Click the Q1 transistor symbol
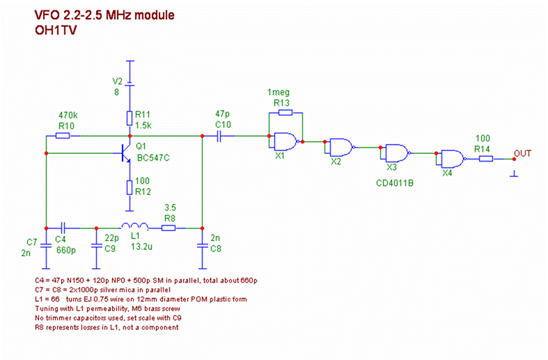coord(125,154)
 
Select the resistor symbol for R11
coord(130,116)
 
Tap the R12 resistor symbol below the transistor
coord(130,187)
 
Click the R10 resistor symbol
coord(62,136)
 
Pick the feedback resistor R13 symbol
coord(283,112)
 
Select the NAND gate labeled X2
coord(340,147)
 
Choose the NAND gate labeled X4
coord(452,158)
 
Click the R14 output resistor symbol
coord(486,158)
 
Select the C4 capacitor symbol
coord(63,227)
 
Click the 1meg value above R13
coord(278,93)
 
